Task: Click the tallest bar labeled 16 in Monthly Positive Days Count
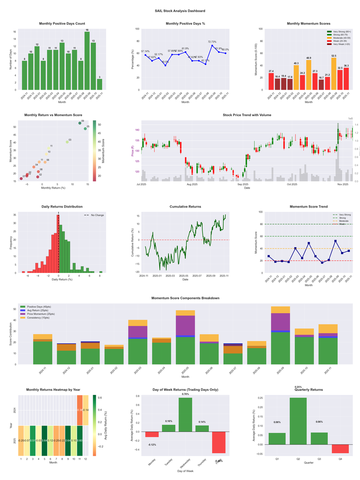pyautogui.click(x=87, y=61)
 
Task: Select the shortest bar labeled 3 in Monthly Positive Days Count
pyautogui.click(x=99, y=85)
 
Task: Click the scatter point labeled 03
pyautogui.click(x=67, y=142)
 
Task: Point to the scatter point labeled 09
pyautogui.click(x=80, y=123)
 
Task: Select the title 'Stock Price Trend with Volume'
pyautogui.click(x=247, y=115)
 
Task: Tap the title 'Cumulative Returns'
pyautogui.click(x=185, y=207)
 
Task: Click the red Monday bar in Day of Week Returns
pyautogui.click(x=152, y=434)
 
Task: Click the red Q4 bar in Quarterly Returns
pyautogui.click(x=340, y=449)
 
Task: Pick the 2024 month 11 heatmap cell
pyautogui.click(x=80, y=410)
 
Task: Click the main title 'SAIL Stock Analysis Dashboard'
pyautogui.click(x=180, y=11)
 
